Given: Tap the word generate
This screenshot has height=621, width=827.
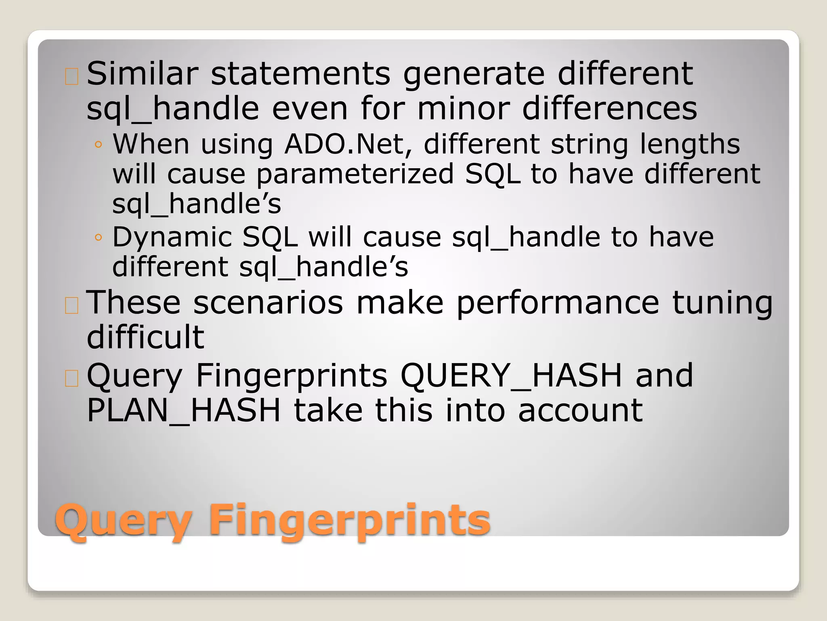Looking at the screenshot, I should coord(474,75).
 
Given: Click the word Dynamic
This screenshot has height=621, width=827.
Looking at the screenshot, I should coord(172,238).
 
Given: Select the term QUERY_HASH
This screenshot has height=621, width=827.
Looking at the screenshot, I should coord(511,376).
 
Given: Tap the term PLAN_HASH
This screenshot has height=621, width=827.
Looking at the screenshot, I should coord(184,411).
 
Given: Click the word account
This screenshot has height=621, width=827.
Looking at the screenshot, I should coord(580,411).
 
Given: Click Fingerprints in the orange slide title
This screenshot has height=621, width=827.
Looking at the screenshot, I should coord(350,521).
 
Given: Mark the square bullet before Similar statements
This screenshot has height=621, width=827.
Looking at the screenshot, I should coord(71,76).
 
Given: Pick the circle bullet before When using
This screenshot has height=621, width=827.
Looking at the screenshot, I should coord(98,144).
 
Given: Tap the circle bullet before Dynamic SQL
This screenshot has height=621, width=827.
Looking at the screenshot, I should coord(98,237).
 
